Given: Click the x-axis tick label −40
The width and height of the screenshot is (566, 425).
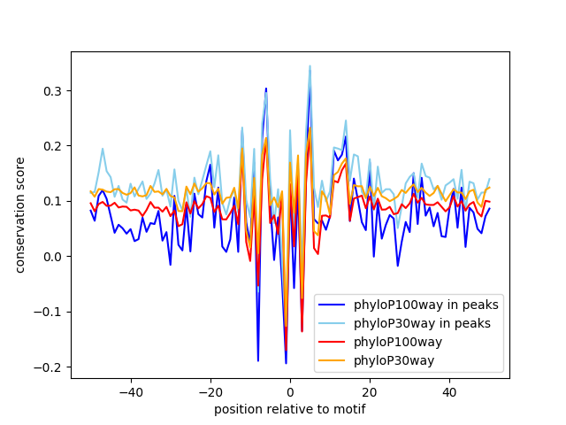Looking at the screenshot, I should coord(130,391).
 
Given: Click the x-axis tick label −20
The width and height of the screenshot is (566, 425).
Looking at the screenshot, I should coord(210,391).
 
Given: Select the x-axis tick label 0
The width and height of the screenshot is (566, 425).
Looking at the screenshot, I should coord(290,391).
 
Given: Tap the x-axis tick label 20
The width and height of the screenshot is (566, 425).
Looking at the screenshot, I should coord(370,391).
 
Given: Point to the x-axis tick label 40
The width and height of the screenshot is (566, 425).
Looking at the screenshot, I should coord(449,391).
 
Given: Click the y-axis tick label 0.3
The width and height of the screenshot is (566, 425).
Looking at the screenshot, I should coord(54,91).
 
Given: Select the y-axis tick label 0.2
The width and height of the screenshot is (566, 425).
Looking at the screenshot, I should coord(54,146).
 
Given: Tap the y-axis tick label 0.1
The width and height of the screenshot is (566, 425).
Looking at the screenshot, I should coord(54,201).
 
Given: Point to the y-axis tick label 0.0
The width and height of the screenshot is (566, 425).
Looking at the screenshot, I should coord(54,257).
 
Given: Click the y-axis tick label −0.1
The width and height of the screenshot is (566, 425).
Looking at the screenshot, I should coord(50,312).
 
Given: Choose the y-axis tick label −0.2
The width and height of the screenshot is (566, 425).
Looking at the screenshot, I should coord(50,367).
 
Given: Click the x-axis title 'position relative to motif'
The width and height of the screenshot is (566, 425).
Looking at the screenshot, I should coord(290,409).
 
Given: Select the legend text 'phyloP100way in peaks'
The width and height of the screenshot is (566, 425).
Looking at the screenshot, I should coord(425,305).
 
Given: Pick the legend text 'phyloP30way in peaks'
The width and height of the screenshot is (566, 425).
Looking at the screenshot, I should coord(422,323).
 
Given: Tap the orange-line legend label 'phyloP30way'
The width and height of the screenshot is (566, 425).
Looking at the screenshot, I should coord(394,360).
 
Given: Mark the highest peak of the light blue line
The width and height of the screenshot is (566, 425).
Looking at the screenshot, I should coord(310,66).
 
